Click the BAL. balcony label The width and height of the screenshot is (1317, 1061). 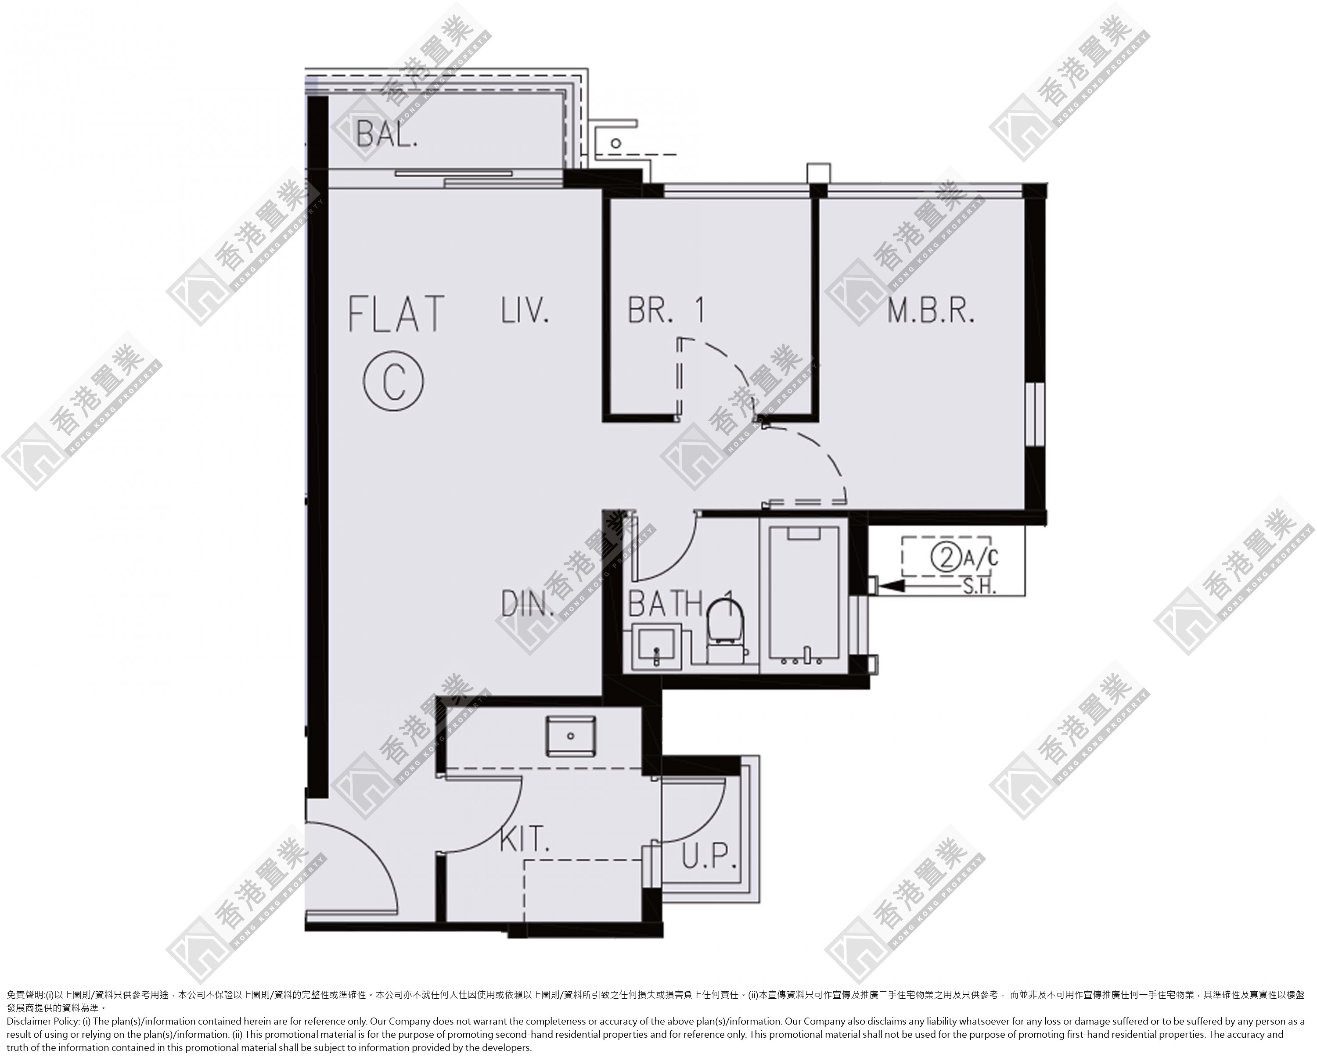pyautogui.click(x=387, y=133)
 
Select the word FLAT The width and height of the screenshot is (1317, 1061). pyautogui.click(x=396, y=314)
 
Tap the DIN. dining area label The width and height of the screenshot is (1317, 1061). pyautogui.click(x=528, y=603)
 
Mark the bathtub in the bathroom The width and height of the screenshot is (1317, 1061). pyautogui.click(x=804, y=595)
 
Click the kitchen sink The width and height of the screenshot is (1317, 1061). pyautogui.click(x=570, y=735)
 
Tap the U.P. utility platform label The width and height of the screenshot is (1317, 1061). pyautogui.click(x=709, y=857)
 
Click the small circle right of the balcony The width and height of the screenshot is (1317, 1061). pyautogui.click(x=616, y=143)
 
